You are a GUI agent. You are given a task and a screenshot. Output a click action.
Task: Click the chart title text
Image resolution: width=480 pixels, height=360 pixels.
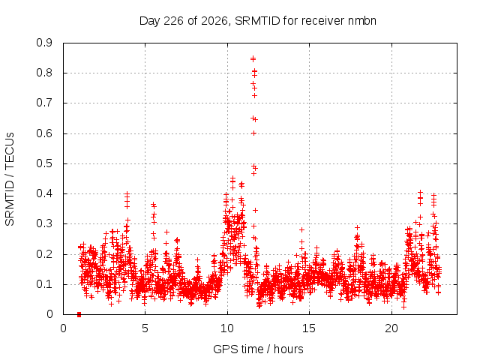click(x=258, y=21)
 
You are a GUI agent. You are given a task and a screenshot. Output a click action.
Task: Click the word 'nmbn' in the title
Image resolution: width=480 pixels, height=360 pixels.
click(x=362, y=21)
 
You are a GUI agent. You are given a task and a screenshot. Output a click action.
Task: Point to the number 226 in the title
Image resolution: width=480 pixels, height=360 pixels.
click(x=174, y=21)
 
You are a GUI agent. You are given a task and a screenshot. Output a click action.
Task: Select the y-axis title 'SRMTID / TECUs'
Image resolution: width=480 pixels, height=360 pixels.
click(x=10, y=179)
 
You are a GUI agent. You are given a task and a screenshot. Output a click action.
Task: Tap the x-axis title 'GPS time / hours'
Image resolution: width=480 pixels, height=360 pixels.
click(x=258, y=349)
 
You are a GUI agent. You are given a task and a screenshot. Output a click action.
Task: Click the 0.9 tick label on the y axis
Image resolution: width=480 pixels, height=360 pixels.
click(x=44, y=43)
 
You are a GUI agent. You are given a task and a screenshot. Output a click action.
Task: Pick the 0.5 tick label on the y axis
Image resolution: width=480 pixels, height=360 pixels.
click(x=44, y=163)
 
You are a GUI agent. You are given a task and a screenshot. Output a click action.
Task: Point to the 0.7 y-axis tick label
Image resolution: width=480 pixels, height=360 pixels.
click(x=44, y=103)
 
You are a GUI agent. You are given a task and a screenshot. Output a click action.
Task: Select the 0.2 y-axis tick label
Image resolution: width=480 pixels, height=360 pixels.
click(x=44, y=254)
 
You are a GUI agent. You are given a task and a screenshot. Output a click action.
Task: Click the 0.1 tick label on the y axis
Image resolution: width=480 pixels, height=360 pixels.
click(x=44, y=284)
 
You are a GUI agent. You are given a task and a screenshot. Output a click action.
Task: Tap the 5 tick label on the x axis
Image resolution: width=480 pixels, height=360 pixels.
click(x=145, y=328)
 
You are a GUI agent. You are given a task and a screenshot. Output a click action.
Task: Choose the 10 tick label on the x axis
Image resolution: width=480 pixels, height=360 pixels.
click(x=227, y=328)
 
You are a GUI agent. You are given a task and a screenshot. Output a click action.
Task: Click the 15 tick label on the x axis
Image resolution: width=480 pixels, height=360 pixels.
click(x=309, y=328)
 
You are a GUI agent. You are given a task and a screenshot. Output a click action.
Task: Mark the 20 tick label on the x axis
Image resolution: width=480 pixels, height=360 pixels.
click(x=391, y=328)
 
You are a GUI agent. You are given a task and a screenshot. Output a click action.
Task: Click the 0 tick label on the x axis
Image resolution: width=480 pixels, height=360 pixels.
click(x=63, y=328)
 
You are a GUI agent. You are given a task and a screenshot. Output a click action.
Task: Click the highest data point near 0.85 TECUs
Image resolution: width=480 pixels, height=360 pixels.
click(x=253, y=58)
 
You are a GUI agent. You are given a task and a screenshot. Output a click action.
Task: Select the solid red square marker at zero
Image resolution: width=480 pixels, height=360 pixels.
click(x=79, y=315)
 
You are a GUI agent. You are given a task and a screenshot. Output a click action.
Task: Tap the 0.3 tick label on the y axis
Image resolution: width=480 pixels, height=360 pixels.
click(x=44, y=224)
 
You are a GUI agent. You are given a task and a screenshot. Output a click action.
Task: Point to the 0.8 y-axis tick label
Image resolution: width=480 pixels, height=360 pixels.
click(x=44, y=73)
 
